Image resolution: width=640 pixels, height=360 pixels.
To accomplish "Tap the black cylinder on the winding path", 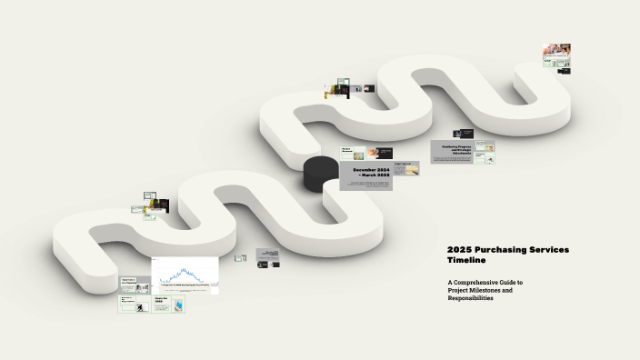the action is (x=320, y=174).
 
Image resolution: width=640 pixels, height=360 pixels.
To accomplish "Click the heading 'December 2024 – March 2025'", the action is (x=371, y=174).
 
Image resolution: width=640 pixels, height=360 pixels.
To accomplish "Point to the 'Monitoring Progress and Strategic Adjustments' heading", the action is (x=456, y=149).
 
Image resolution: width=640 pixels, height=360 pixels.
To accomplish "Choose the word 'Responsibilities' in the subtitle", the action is (x=470, y=299).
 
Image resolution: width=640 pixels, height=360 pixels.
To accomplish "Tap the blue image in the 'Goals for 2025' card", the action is (x=176, y=306).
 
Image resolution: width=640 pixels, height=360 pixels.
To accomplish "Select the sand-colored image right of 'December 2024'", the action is (x=405, y=168).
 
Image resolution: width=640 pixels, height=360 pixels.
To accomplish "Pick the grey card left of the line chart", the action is (x=135, y=285).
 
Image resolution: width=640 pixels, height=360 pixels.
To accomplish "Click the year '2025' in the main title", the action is (x=457, y=249).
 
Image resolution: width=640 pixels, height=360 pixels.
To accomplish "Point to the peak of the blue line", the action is (x=185, y=268).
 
